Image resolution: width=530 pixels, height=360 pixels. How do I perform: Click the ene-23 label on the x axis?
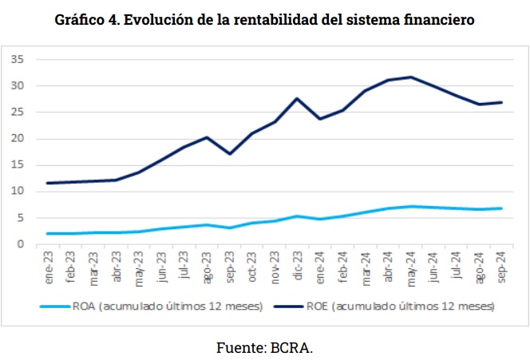point(49,269)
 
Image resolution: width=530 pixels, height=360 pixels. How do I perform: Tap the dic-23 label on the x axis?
point(298,269)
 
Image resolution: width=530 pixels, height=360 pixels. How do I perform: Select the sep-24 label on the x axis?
point(501,269)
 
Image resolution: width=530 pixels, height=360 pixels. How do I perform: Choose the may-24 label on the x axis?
point(411,269)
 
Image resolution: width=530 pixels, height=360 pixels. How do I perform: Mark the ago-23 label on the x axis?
point(208,269)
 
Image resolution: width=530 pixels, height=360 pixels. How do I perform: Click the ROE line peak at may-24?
point(411,77)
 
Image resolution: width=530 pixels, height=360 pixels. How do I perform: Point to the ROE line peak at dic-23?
point(298,98)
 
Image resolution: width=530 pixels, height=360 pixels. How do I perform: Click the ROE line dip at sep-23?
point(230,153)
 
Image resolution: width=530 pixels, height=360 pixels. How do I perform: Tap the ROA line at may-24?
point(411,207)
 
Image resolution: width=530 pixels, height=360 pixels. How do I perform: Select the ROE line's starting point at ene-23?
point(49,183)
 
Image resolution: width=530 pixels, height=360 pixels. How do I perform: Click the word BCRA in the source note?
point(291,347)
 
